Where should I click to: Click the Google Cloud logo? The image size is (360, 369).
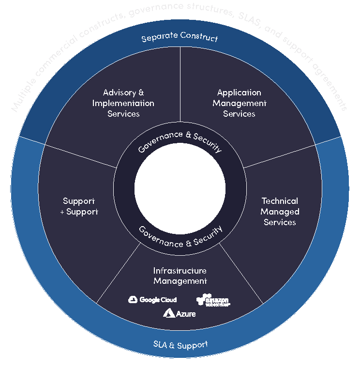[152, 300]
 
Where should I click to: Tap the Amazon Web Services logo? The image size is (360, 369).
[213, 300]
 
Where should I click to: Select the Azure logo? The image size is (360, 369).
[180, 313]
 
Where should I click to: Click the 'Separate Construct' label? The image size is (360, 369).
[180, 37]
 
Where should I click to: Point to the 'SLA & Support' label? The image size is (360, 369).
[180, 345]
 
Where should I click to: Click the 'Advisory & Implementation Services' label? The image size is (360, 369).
[123, 103]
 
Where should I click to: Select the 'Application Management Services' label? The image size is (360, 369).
[239, 103]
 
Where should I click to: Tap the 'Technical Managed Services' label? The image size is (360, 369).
[280, 212]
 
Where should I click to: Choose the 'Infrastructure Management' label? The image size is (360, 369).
[180, 276]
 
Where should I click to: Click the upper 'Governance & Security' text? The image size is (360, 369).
[180, 141]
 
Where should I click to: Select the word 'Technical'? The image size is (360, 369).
[280, 201]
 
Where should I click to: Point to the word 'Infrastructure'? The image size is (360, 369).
[180, 270]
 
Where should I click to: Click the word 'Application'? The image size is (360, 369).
[239, 92]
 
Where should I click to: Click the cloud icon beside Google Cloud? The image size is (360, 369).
[133, 300]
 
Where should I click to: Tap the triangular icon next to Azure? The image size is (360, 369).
[168, 313]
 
